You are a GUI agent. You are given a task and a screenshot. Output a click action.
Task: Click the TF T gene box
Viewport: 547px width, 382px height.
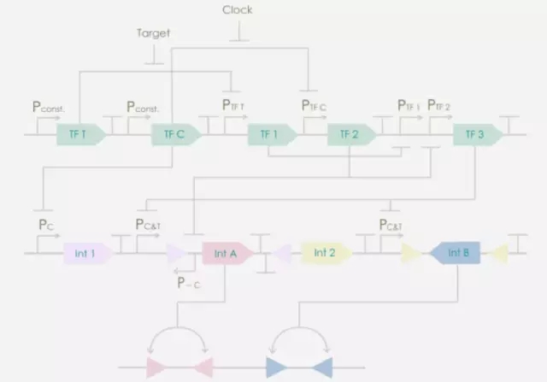(x=79, y=134)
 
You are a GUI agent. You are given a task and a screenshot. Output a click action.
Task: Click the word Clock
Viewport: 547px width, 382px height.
(x=237, y=10)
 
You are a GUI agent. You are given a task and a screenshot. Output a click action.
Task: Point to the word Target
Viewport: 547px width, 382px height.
(x=154, y=34)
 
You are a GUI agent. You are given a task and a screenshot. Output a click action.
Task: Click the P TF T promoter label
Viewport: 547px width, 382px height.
(x=233, y=106)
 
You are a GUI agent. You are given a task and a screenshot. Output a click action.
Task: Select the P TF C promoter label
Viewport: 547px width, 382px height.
(x=314, y=106)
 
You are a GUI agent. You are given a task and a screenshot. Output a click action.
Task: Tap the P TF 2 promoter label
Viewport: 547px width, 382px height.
(x=439, y=106)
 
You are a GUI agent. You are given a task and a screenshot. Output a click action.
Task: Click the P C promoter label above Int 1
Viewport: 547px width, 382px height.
(x=45, y=224)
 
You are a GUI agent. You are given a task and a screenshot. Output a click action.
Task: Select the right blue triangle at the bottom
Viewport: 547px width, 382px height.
(x=321, y=367)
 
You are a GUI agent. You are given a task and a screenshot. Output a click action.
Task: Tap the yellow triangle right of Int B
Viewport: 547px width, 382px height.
(x=498, y=253)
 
